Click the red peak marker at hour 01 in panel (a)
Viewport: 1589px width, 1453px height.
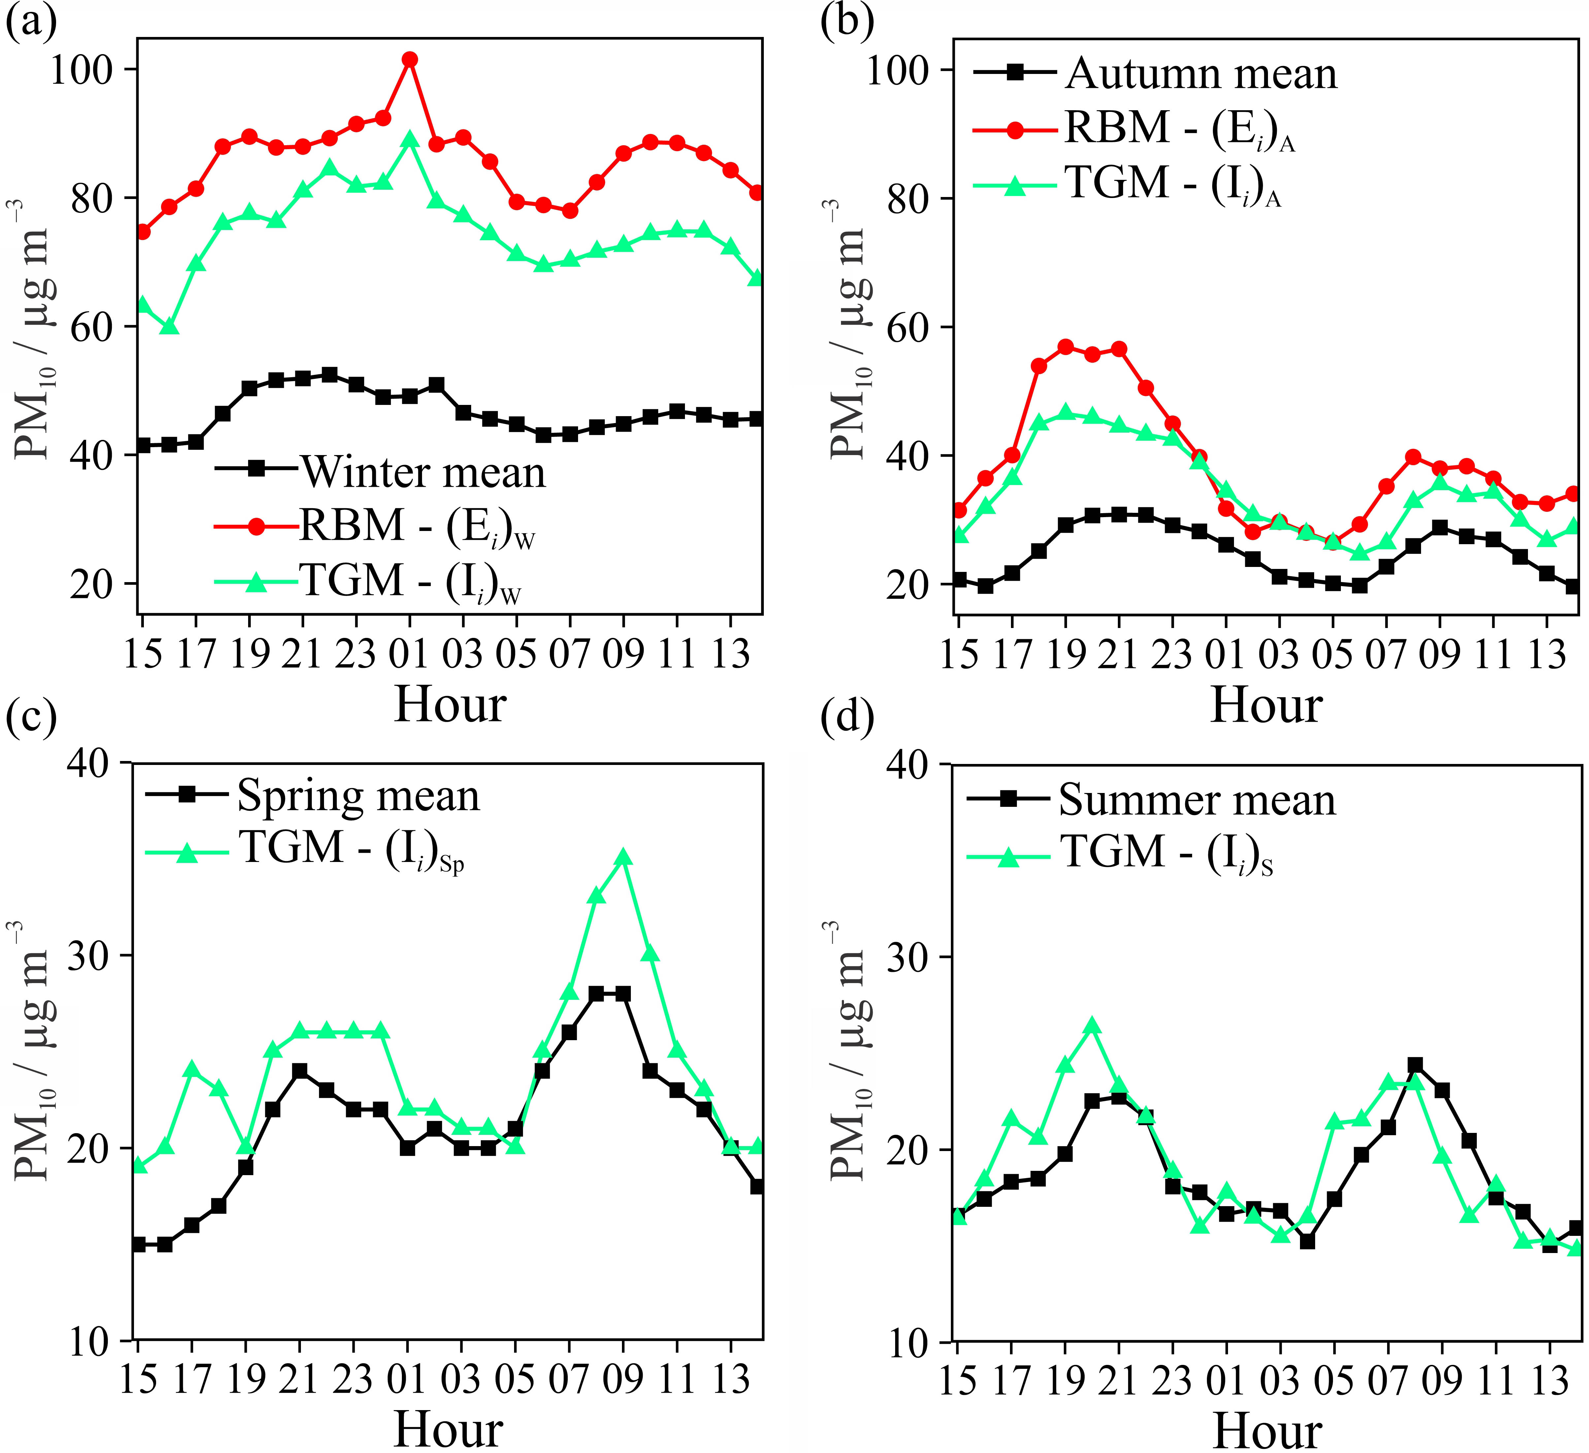(409, 60)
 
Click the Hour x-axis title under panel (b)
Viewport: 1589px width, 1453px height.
(1266, 704)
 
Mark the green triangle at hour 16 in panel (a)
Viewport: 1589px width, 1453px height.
(170, 326)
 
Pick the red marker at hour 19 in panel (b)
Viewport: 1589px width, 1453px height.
(1066, 347)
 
